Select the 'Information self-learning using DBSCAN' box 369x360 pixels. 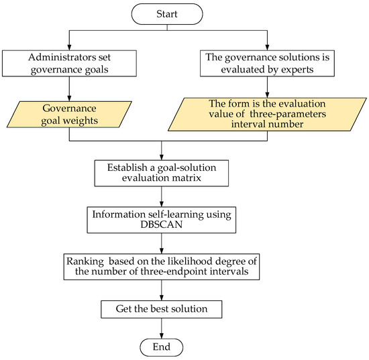[161, 219]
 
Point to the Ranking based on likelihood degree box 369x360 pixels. [161, 265]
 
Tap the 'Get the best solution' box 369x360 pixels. [161, 309]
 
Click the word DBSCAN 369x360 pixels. [161, 225]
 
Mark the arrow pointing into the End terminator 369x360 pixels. [161, 331]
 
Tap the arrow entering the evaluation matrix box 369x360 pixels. [161, 149]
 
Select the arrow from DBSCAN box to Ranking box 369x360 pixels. [161, 242]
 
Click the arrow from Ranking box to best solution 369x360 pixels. [161, 289]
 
